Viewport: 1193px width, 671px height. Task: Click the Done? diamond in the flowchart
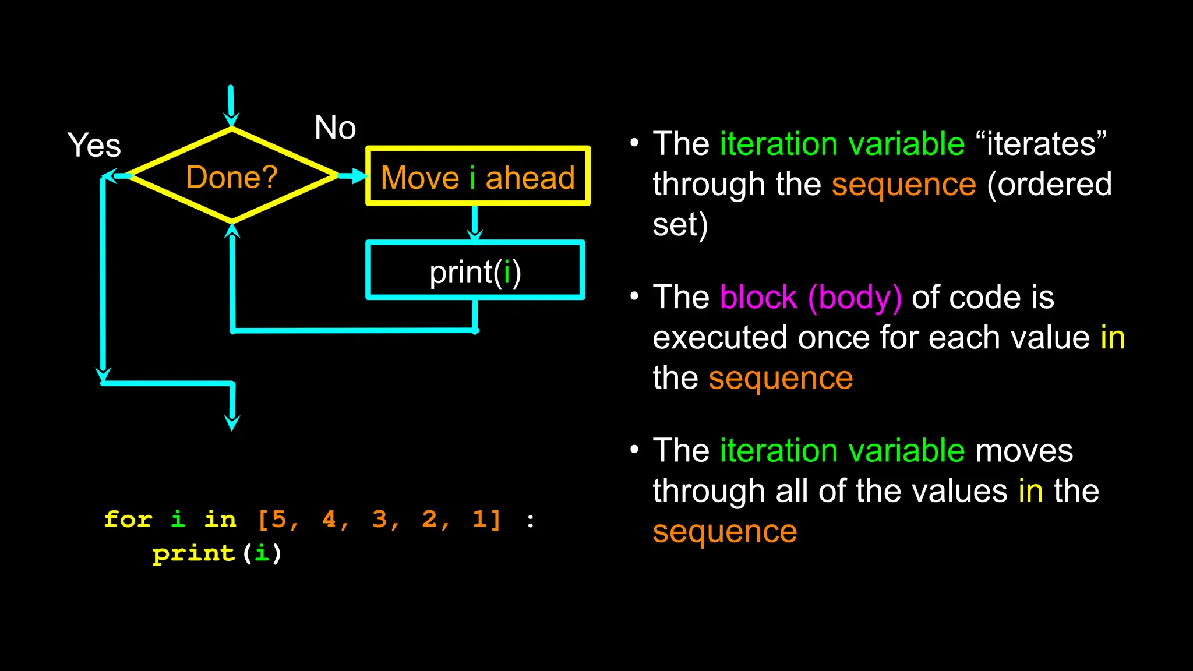click(232, 176)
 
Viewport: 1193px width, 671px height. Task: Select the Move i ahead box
click(478, 176)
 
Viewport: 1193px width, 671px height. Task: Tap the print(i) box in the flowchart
click(475, 271)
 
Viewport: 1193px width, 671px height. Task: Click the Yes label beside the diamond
click(94, 145)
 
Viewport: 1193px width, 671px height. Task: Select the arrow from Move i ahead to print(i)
click(475, 224)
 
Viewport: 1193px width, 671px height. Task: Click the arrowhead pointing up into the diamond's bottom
click(232, 232)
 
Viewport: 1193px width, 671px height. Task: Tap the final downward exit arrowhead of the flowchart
click(232, 422)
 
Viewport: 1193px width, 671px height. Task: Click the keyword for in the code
click(128, 519)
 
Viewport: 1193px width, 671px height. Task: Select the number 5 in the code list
click(279, 519)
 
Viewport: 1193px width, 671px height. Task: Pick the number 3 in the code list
click(380, 519)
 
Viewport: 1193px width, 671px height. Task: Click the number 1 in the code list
click(479, 519)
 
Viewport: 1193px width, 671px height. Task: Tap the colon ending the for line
click(530, 520)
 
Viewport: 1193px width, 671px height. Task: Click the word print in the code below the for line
click(193, 553)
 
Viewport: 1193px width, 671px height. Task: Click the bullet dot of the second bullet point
click(634, 296)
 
